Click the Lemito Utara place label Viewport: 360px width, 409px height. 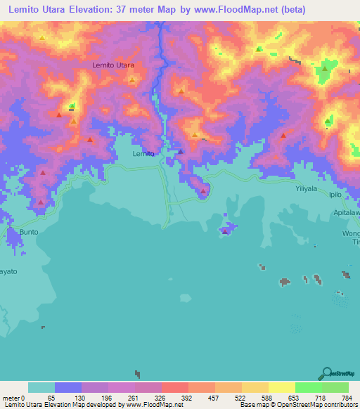[113, 65]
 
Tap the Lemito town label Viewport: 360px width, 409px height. [143, 152]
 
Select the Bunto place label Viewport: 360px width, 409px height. [29, 231]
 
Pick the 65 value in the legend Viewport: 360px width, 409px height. [51, 398]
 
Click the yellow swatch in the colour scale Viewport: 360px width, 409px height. [281, 387]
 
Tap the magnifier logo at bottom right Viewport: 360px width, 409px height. [326, 373]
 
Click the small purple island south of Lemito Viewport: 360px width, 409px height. [226, 230]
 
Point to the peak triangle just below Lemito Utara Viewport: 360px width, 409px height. [131, 80]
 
